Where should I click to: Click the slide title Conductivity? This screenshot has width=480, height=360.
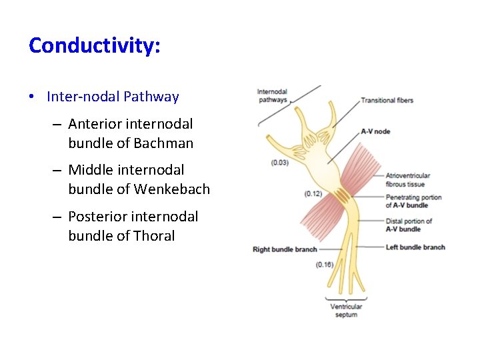coord(95,46)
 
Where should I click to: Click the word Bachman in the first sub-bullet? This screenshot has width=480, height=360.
coord(163,143)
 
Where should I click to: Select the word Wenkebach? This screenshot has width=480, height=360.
coord(172,189)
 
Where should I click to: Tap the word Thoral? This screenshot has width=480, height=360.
coord(154,236)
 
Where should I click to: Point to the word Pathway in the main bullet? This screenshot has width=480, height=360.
coord(151,97)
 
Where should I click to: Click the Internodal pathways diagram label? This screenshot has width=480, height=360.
coord(272,96)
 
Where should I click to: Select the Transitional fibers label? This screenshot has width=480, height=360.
coord(387,101)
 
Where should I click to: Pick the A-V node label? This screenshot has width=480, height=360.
coord(375,131)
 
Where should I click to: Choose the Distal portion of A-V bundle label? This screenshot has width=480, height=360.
coord(408,225)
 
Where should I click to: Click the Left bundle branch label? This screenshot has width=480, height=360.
coord(415,247)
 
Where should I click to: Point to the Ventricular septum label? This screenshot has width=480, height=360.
coord(346,311)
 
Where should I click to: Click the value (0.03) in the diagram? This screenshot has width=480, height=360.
coord(281,163)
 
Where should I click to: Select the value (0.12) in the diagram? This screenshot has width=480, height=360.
coord(313,194)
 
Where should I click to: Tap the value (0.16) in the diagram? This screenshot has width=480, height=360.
coord(325,265)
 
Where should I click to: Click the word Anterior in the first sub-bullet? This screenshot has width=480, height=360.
coord(93,124)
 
